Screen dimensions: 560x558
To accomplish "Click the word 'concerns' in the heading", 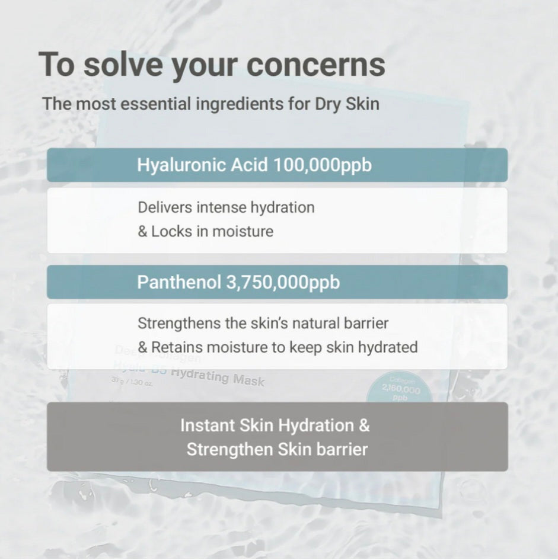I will click(x=315, y=65).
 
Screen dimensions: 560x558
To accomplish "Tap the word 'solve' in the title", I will click(x=122, y=65).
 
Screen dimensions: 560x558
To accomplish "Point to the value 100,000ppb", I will click(x=323, y=165).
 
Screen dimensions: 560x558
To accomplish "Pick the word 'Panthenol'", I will click(x=179, y=282).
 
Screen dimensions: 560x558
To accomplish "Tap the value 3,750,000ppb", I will click(x=283, y=282).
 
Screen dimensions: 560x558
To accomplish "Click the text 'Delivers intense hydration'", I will click(x=226, y=208).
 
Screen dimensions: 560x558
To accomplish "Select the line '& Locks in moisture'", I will click(x=205, y=231).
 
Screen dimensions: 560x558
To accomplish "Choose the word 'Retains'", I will click(x=178, y=347).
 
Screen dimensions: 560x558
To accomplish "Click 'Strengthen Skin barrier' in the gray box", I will click(x=277, y=449).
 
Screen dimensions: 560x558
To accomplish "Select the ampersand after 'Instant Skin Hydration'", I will click(x=364, y=425).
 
